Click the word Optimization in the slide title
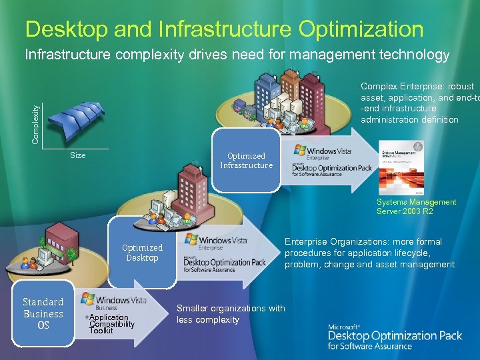pos(361,29)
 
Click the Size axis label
pos(78,155)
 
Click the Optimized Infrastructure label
pos(247,161)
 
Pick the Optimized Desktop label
pos(142,253)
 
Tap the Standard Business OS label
pos(43,313)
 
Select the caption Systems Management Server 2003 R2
pos(417,207)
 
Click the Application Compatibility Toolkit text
pos(111,323)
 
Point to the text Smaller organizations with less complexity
pos(230,314)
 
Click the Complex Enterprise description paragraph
pos(418,103)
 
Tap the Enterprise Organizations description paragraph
pos(369,253)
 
